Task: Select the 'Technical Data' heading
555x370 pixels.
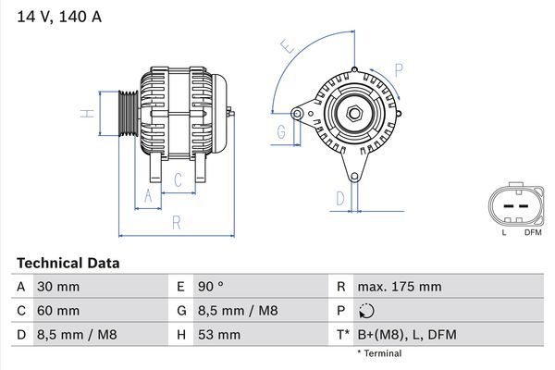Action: (68, 264)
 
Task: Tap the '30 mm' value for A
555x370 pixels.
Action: (57, 287)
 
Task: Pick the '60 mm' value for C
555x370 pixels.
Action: (57, 311)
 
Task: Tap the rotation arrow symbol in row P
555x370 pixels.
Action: (368, 311)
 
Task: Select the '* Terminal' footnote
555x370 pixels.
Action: (379, 353)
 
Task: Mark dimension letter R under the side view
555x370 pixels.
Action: (176, 221)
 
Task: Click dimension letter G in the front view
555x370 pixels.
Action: (281, 132)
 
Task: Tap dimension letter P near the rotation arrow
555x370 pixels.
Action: (399, 68)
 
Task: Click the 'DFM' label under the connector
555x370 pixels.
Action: (533, 232)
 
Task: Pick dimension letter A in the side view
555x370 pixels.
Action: (146, 194)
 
